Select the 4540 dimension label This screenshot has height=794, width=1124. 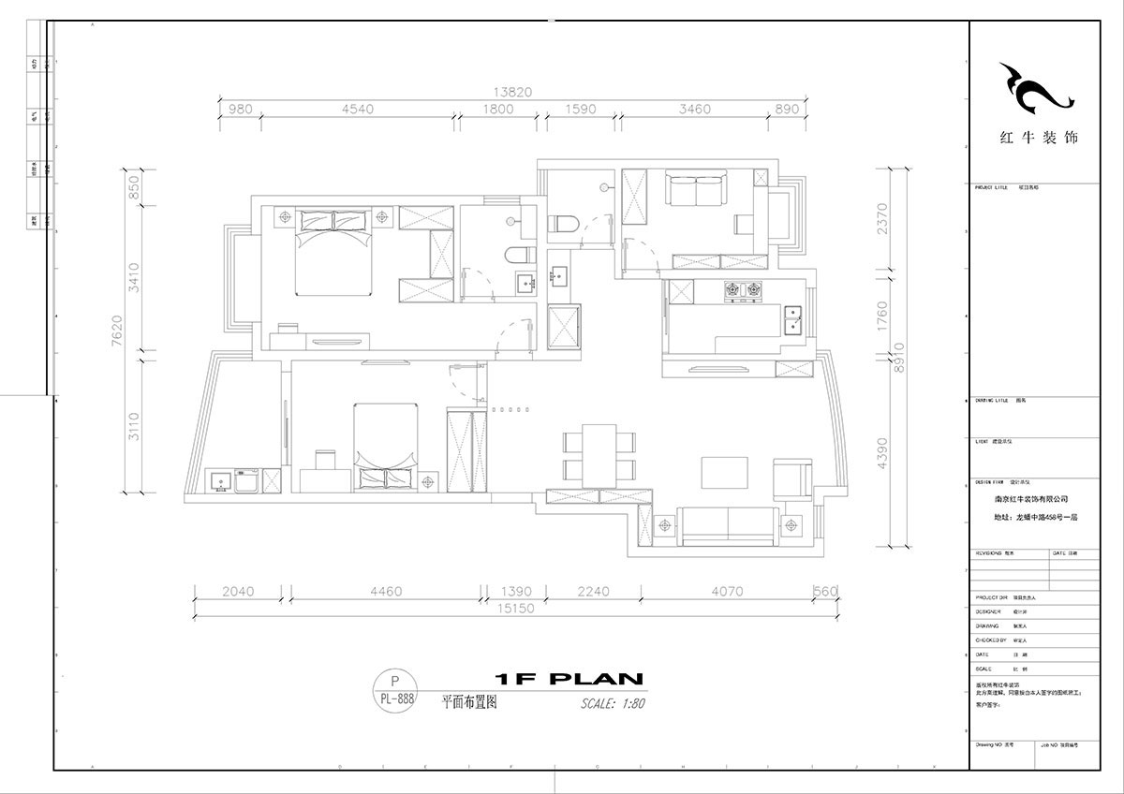[357, 110]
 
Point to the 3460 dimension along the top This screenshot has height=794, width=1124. [694, 110]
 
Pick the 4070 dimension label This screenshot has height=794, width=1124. [727, 591]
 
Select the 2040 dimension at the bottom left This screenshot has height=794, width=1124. [238, 591]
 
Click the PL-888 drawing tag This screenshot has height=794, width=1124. [394, 697]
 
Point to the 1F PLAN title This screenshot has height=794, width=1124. [567, 679]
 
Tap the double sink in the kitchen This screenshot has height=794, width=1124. [793, 318]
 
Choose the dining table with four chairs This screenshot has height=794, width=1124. [598, 454]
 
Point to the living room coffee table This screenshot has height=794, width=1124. [722, 472]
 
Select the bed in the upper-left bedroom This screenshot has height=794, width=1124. [333, 251]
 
